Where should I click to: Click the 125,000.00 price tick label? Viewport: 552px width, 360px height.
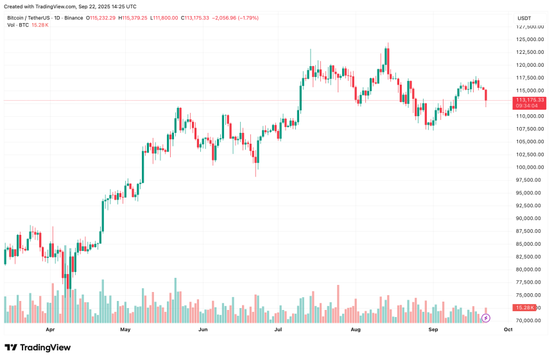click(531, 39)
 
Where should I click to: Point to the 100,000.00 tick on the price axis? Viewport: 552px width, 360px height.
click(531, 167)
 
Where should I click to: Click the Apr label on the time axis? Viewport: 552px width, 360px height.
click(50, 330)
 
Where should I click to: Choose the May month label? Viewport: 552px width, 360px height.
click(125, 330)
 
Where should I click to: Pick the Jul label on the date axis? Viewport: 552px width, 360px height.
click(279, 330)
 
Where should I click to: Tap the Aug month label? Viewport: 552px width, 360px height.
click(356, 330)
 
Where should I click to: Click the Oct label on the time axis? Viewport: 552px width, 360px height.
click(508, 330)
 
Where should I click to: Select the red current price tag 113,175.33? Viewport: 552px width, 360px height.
click(530, 100)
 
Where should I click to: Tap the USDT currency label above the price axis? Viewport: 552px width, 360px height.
click(524, 19)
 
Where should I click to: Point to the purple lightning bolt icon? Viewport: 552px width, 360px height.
click(486, 318)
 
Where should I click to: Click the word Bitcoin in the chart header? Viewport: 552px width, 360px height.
click(17, 18)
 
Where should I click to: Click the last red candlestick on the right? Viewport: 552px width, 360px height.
click(486, 96)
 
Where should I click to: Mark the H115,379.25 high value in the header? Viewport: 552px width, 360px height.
click(133, 18)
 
